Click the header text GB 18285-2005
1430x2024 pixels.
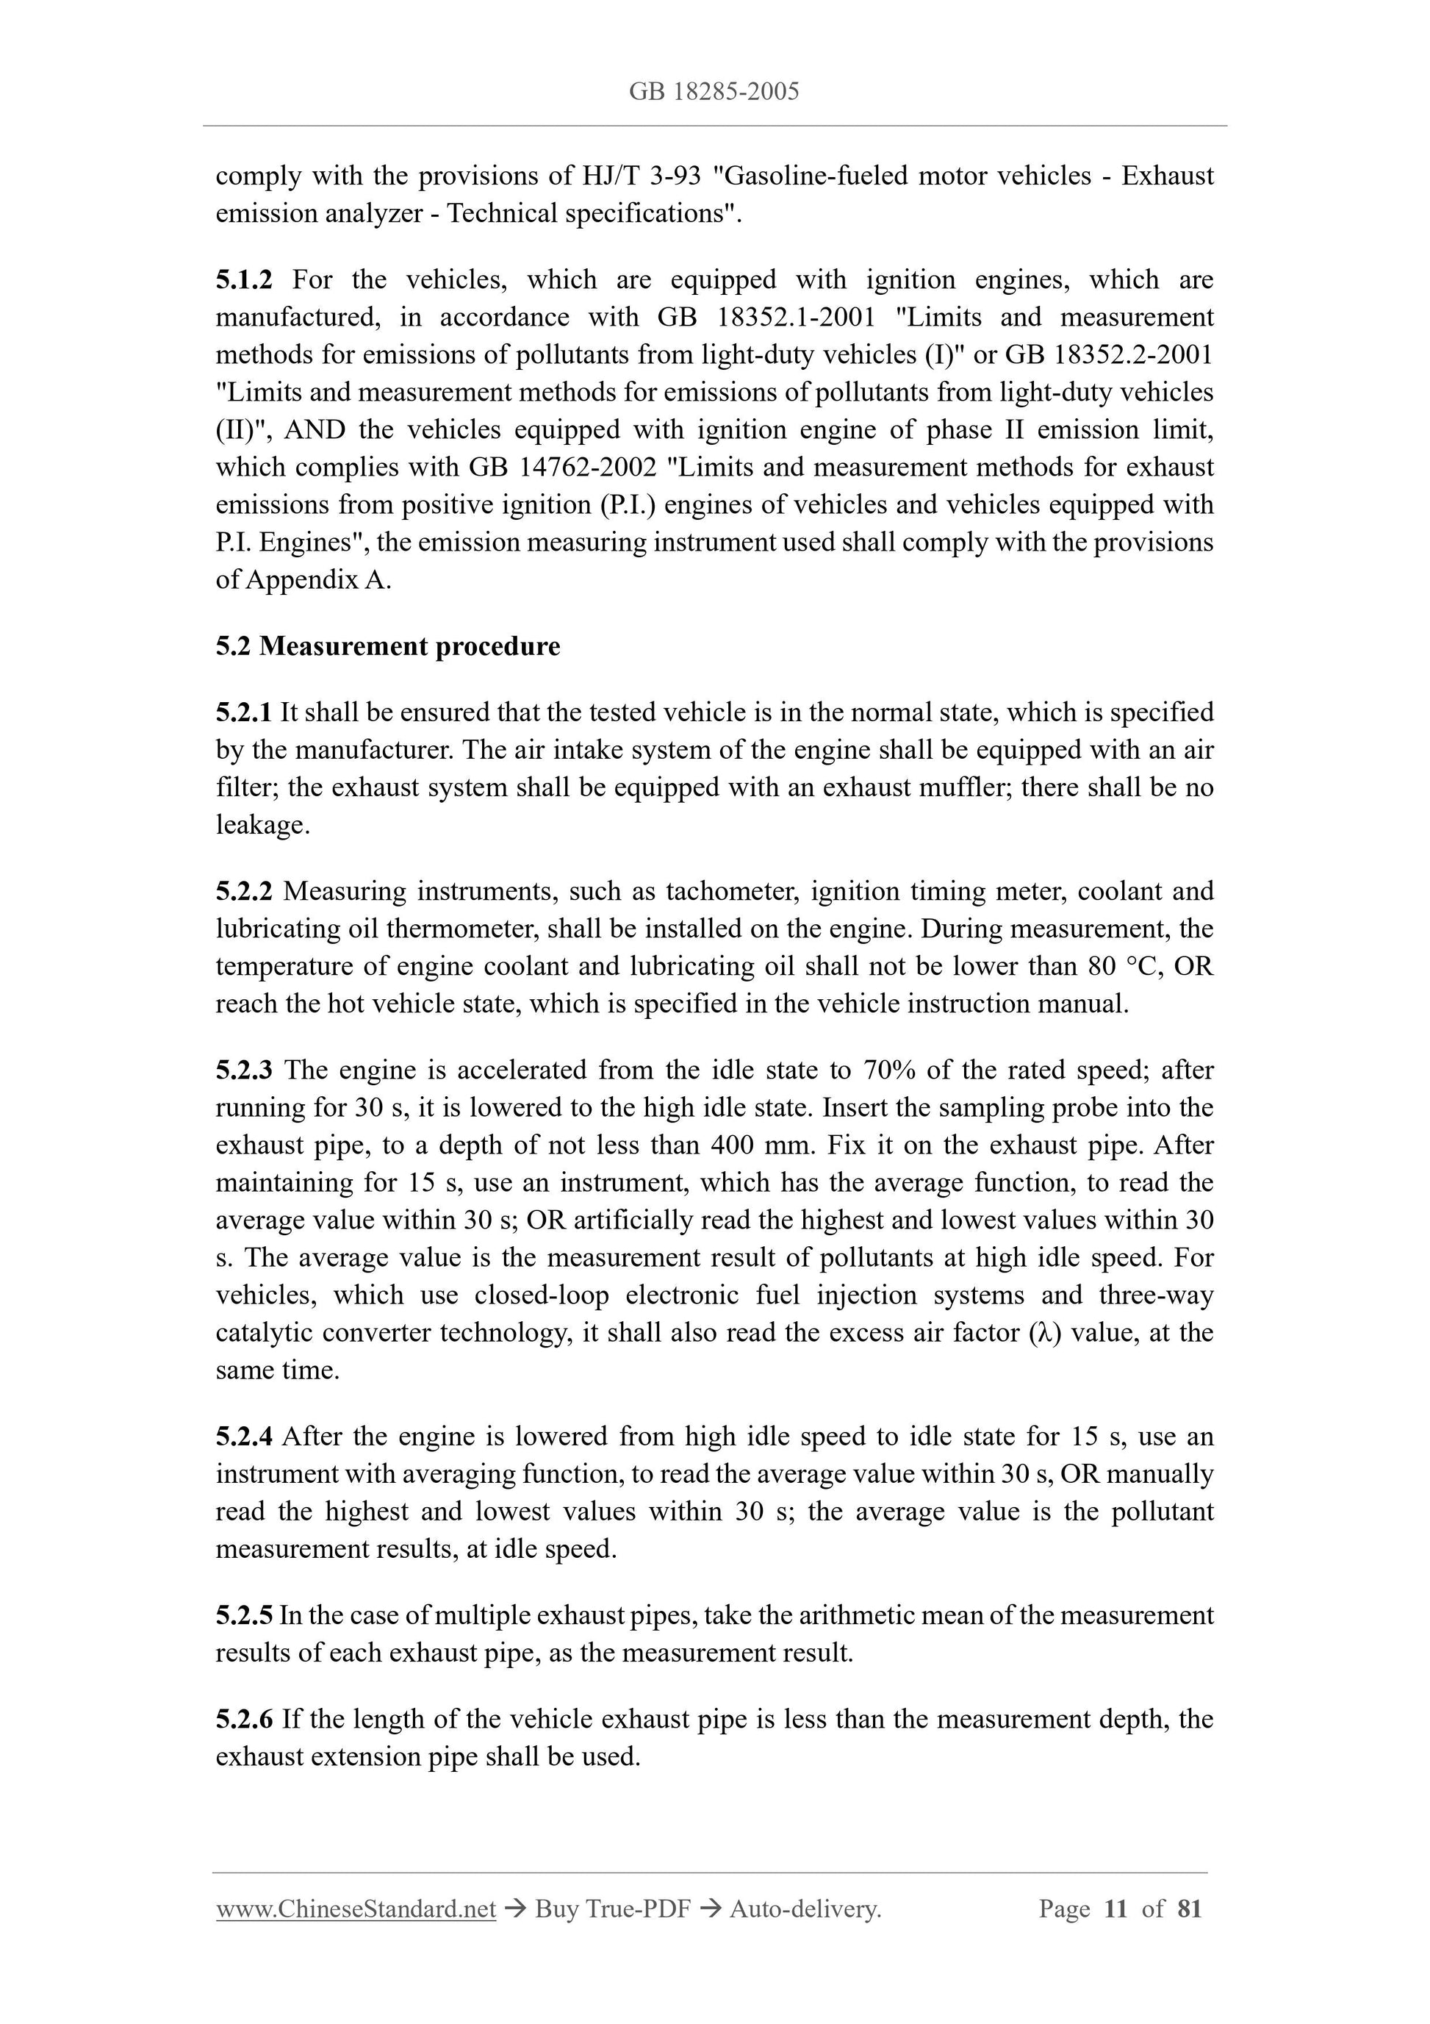[x=714, y=92]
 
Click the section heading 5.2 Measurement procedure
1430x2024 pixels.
[x=388, y=646]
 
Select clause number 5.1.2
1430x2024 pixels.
[x=244, y=279]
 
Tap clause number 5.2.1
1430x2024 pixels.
[x=244, y=712]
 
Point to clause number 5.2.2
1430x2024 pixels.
[x=244, y=891]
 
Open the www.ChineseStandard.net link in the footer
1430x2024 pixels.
[x=356, y=1909]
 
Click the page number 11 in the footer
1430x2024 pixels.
[x=1115, y=1909]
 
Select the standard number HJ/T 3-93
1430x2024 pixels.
[x=641, y=176]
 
